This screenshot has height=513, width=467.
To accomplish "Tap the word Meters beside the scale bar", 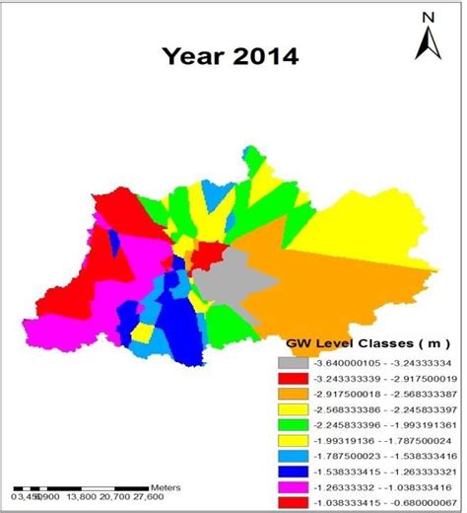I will click(x=165, y=488).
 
